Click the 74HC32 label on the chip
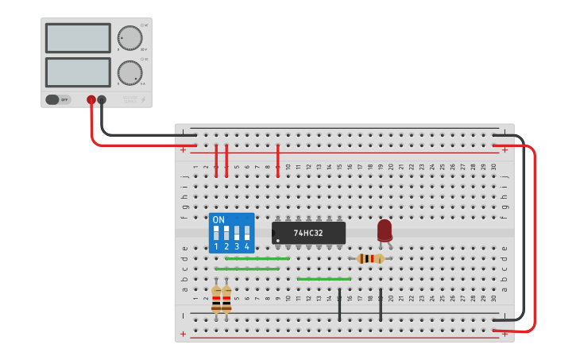click(x=308, y=233)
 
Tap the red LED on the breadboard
click(x=385, y=230)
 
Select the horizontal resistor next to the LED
click(x=369, y=258)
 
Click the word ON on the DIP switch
click(x=218, y=219)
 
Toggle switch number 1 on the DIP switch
click(x=216, y=233)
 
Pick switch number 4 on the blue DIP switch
click(x=247, y=233)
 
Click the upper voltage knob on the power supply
click(x=130, y=37)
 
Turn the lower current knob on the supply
click(x=130, y=72)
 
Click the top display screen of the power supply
click(x=78, y=37)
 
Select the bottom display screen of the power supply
click(x=78, y=72)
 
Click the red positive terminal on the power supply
click(x=91, y=99)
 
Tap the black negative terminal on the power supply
click(x=102, y=99)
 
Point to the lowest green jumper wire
click(x=323, y=279)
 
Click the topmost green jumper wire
click(x=257, y=258)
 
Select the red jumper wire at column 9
click(x=277, y=161)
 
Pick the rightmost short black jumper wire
click(x=381, y=305)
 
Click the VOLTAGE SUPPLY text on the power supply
click(x=130, y=99)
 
